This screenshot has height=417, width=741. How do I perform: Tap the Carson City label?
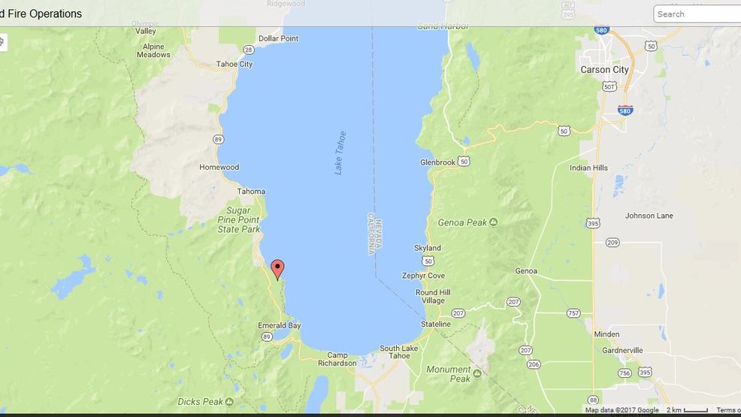[x=604, y=70]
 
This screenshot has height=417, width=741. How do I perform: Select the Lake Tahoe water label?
[x=340, y=153]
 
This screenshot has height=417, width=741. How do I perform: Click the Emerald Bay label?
[x=279, y=325]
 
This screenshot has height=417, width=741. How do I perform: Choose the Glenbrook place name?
[x=438, y=162]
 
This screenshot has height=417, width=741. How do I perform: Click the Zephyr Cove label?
[x=423, y=276]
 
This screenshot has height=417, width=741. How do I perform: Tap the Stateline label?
[x=435, y=325]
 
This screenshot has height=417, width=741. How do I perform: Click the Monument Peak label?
[x=449, y=374]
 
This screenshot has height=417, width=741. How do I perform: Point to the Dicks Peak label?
[x=199, y=402]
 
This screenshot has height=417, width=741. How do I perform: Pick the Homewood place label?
[x=219, y=167]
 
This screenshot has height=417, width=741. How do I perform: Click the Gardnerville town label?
[x=622, y=350]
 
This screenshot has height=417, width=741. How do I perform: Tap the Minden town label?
[x=606, y=334]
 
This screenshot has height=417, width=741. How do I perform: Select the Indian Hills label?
[x=588, y=168]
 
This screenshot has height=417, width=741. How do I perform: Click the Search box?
[x=697, y=14]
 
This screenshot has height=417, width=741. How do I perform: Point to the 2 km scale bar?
[x=687, y=410]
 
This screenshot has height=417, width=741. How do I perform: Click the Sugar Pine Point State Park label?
[x=243, y=219]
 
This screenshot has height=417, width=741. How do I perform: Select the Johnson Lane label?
[x=649, y=216]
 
